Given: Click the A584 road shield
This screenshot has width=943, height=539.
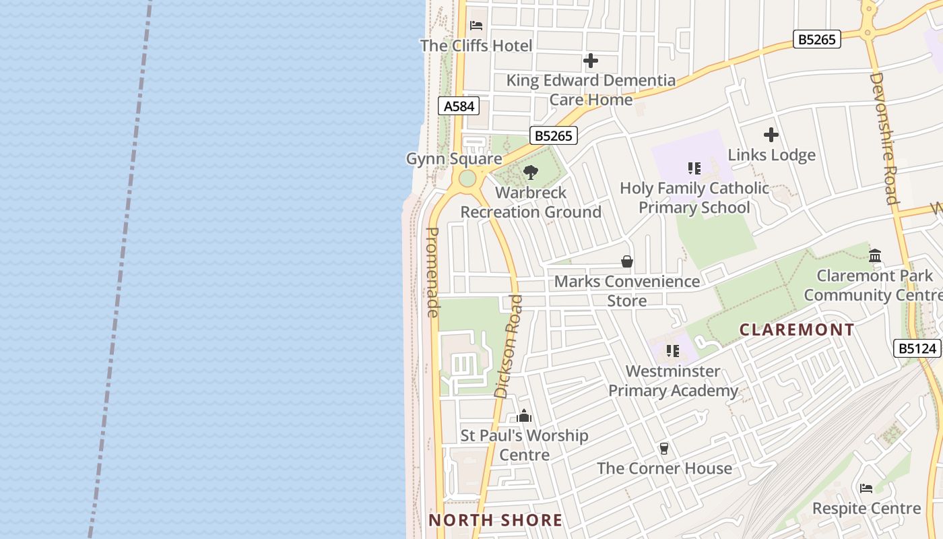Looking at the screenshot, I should click(459, 106).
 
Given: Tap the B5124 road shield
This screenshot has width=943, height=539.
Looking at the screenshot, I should click(917, 348).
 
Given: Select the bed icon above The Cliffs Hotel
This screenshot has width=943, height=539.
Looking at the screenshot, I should click(476, 26).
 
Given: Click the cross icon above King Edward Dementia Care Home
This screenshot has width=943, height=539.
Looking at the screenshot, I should click(591, 61).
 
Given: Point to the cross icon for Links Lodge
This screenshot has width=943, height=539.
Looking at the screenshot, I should click(771, 135).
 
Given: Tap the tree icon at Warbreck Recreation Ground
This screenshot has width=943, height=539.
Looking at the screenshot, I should click(531, 172).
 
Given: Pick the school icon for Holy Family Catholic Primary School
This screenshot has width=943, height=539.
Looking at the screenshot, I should click(694, 168).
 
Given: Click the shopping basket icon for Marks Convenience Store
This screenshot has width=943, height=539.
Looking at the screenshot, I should click(627, 261).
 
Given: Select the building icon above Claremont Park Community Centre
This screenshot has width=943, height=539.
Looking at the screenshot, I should click(875, 255).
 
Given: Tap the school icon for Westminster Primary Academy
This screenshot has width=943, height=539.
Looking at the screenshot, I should click(673, 351).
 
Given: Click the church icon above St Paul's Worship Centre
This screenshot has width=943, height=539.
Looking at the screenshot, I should click(524, 416).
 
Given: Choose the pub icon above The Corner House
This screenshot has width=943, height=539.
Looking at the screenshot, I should click(664, 448).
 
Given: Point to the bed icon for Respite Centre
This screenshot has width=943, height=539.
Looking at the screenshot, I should click(866, 488).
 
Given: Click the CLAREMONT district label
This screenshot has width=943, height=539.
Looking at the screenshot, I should click(797, 329).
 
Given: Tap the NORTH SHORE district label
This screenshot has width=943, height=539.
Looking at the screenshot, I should click(496, 520).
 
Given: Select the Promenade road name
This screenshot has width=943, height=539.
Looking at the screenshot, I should click(433, 272).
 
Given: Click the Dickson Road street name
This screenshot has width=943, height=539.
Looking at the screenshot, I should click(509, 346).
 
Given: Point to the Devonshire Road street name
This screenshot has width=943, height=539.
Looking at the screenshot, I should click(884, 137).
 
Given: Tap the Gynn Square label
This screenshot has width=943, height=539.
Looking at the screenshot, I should click(454, 159).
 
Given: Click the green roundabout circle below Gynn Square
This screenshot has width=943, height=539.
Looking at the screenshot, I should click(467, 179).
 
